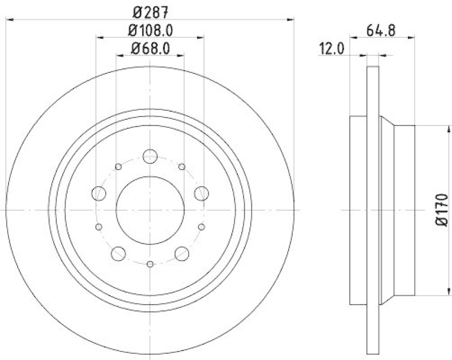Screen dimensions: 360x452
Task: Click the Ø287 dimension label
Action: tap(150, 10)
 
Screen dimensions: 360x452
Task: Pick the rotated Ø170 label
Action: tap(442, 210)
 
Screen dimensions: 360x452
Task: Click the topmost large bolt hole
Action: tap(150, 156)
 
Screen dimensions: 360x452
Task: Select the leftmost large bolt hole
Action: tap(99, 193)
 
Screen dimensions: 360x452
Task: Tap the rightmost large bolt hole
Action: tap(201, 193)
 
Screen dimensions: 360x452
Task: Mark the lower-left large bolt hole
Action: tap(118, 253)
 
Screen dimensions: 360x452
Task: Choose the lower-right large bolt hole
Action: tap(181, 253)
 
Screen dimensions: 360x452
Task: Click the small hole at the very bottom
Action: tap(150, 264)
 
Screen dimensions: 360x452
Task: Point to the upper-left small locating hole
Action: tap(118, 167)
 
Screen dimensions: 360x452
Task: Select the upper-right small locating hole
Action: tap(181, 167)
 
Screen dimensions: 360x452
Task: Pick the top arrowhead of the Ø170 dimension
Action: tap(441, 129)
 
